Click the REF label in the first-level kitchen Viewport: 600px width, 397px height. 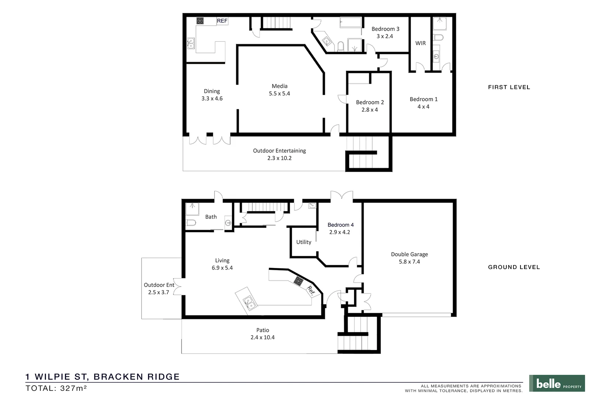[222, 21]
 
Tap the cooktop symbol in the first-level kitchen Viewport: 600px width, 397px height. [200, 21]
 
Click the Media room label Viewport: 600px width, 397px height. [280, 86]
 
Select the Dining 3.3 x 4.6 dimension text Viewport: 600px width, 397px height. [212, 99]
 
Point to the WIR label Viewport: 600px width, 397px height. [421, 43]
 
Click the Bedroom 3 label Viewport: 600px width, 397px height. [385, 29]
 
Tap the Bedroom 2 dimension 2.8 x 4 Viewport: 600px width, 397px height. [369, 110]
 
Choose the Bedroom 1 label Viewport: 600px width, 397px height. [424, 99]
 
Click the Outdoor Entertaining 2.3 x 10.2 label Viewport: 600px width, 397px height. [279, 154]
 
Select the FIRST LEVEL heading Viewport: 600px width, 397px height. [509, 87]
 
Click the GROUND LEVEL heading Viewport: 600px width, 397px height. [514, 267]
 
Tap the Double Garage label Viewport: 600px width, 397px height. [409, 254]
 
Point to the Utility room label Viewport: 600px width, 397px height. [303, 242]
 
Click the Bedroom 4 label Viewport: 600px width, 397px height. [340, 225]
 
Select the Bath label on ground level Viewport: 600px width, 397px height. [211, 217]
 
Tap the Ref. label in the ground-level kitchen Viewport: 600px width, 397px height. [311, 291]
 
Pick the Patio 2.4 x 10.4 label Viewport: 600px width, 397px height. [263, 334]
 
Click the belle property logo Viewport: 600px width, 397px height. [557, 383]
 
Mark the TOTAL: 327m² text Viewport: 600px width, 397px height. [56, 388]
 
